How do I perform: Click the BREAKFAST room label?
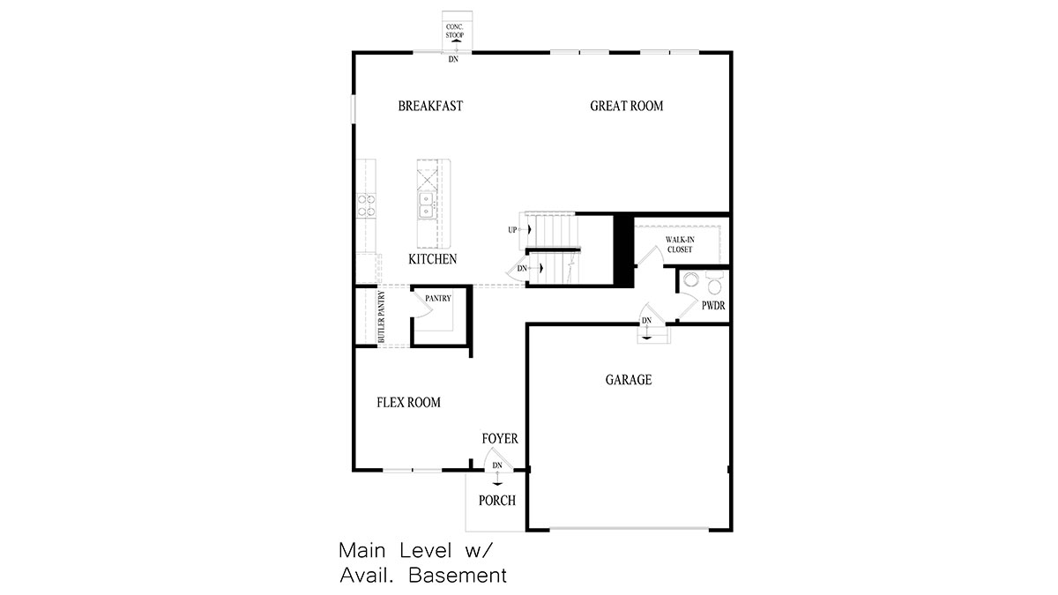coord(430,106)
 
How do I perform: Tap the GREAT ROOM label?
coord(626,106)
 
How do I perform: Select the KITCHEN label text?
coord(433,259)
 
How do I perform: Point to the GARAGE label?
coord(629,380)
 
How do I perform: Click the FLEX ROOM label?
coord(408,402)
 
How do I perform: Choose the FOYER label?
coord(500,439)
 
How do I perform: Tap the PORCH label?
coord(497,501)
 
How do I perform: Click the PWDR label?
coord(713,306)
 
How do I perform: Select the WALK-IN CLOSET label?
coord(680,245)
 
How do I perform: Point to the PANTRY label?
coord(438,299)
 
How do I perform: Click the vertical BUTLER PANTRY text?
coord(382,316)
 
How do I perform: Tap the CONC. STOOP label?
coord(455,31)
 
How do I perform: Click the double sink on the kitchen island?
coord(426,205)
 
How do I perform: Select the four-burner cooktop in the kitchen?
coord(367,205)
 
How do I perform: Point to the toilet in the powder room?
coord(714,282)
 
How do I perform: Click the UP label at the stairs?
coord(512,230)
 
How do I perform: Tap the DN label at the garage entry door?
coord(646,321)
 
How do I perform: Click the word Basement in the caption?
coord(458,576)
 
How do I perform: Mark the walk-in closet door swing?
coord(651,255)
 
